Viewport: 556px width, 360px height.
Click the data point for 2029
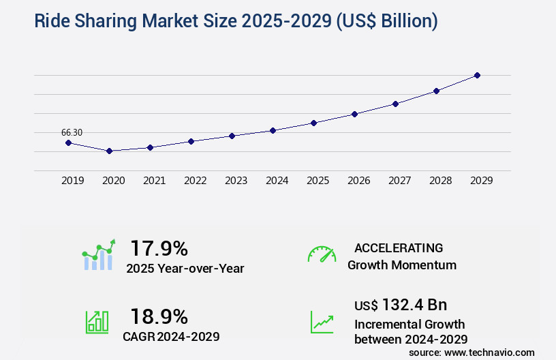477,75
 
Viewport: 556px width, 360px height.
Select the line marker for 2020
109,151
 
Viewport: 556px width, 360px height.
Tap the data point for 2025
313,123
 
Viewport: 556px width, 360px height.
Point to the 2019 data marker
68,142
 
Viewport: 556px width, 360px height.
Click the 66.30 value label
72,132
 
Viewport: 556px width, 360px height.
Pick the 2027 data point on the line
395,104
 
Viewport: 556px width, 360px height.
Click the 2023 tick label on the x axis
236,181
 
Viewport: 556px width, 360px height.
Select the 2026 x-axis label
358,181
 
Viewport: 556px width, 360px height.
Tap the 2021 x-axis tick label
154,181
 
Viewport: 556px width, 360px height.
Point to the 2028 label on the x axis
440,181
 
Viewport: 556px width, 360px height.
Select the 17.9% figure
159,247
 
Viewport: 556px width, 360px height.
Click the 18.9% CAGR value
159,316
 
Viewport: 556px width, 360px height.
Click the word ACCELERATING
399,247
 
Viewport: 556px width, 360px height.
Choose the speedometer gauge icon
322,254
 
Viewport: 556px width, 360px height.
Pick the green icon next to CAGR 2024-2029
97,322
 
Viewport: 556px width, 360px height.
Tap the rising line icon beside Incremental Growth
322,322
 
